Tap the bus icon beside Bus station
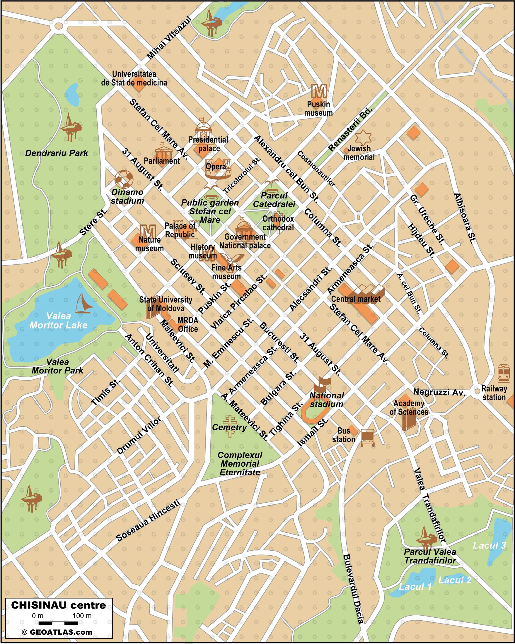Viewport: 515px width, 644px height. click(367, 438)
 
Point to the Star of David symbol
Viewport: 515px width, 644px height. click(363, 137)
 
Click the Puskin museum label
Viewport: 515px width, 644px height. click(318, 108)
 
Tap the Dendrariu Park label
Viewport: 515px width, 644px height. click(57, 153)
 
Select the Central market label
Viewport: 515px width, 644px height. click(356, 299)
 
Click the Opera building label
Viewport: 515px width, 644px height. click(216, 167)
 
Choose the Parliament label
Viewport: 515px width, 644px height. click(162, 161)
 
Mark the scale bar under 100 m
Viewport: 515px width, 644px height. click(58, 623)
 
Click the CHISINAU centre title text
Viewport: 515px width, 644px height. click(59, 605)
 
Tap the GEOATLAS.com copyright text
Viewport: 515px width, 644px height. click(57, 632)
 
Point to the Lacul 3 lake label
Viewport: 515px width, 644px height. click(489, 545)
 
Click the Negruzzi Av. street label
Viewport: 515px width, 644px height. click(439, 392)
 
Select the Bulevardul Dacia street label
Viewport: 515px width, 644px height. click(353, 589)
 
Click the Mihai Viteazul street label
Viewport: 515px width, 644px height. click(169, 38)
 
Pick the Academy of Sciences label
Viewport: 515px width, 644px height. click(409, 408)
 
